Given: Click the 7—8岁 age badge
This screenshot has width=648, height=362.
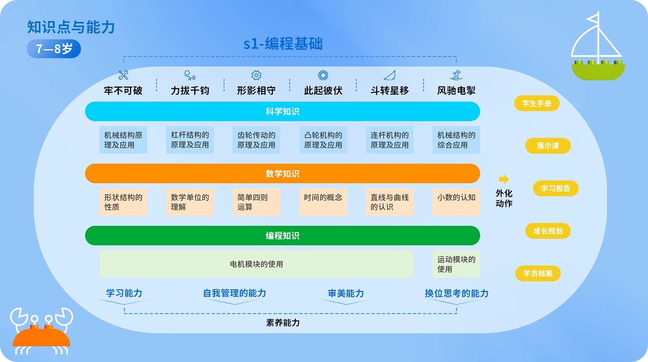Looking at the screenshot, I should (x=54, y=49).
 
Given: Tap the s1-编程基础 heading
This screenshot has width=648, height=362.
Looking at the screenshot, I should (x=283, y=44).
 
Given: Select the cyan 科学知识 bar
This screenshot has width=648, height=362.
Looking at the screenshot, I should (x=282, y=111).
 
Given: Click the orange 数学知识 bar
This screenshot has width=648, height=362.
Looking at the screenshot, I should (x=282, y=174).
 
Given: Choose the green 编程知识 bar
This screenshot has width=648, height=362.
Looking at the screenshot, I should (x=282, y=236).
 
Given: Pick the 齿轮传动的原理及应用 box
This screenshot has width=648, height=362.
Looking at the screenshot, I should (x=256, y=140).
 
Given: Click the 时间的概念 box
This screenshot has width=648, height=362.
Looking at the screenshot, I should (x=323, y=202).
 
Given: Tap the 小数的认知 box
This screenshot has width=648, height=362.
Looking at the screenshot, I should (x=456, y=202).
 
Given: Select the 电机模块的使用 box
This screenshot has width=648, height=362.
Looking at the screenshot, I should (x=256, y=264).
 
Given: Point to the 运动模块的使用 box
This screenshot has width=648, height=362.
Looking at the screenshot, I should (x=456, y=264).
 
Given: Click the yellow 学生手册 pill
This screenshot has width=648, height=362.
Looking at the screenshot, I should (x=537, y=104).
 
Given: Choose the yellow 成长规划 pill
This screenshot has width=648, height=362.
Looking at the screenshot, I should (x=548, y=231).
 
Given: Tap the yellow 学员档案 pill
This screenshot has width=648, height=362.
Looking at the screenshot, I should (x=538, y=273).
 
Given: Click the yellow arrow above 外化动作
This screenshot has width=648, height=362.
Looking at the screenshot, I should (x=504, y=179).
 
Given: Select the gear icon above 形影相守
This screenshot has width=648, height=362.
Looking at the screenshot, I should (x=256, y=75).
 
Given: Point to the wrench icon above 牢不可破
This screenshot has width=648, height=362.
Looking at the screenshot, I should (x=123, y=75).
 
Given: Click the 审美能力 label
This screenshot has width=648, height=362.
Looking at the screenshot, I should (x=346, y=293).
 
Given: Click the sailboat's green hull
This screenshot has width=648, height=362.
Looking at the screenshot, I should (x=598, y=71).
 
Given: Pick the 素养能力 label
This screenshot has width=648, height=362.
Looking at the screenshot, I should (x=283, y=323).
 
